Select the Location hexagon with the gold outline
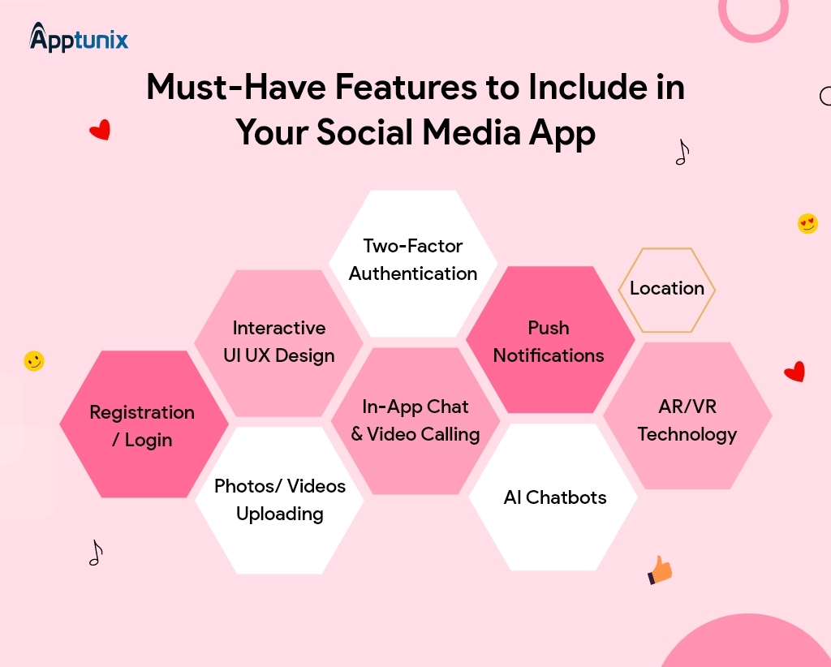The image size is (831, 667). click(667, 290)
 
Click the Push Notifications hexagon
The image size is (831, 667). click(549, 341)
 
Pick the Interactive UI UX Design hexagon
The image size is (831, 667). click(278, 342)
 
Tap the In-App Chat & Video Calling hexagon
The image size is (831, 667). click(415, 421)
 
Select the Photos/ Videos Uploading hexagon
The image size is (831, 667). click(279, 500)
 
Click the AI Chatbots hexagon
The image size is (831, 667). click(554, 497)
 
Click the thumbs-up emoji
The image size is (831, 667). click(661, 571)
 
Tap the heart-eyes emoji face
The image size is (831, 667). click(807, 223)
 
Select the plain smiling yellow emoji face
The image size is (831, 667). click(34, 361)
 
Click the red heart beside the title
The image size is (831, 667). click(100, 130)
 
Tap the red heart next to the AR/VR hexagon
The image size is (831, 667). click(794, 372)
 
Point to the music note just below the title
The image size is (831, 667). click(682, 152)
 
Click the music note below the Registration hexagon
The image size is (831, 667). click(96, 553)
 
